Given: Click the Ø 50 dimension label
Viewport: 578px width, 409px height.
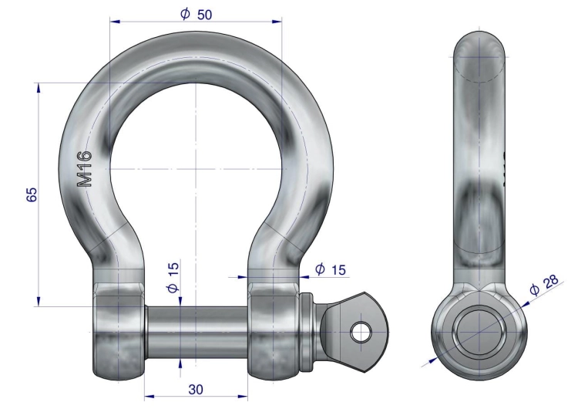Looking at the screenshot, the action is coord(196,14).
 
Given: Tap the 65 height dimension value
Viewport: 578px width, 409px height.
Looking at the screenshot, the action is coord(32,194).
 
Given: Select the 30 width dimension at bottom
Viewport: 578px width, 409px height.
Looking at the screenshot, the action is coord(196,389).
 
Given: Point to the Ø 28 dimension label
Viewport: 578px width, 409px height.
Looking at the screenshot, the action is coord(544,285).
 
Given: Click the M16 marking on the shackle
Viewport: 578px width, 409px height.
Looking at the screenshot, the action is coord(84,168).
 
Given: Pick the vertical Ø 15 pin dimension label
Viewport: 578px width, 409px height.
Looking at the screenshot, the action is coord(173,277).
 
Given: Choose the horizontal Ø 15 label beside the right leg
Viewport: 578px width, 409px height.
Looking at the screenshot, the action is coord(331,269).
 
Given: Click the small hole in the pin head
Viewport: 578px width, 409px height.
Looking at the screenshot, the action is coord(361,332).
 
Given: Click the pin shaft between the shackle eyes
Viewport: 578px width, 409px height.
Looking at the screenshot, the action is coord(196,332).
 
